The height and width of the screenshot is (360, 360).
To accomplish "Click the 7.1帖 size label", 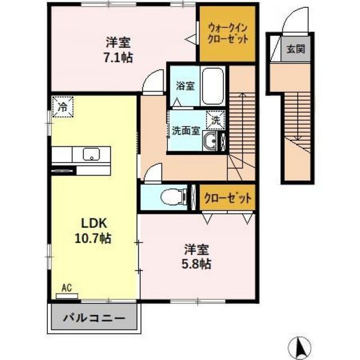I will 119,57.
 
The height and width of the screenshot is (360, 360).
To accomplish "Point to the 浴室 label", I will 184,86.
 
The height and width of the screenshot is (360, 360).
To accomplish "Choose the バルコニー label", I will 94,318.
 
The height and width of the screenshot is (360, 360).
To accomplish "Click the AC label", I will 66,289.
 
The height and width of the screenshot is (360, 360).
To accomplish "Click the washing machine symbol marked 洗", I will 216,119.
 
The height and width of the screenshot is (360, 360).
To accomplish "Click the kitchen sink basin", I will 91,154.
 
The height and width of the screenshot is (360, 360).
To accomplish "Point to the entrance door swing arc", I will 290,20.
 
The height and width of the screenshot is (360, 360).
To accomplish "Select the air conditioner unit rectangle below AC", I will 67,296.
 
